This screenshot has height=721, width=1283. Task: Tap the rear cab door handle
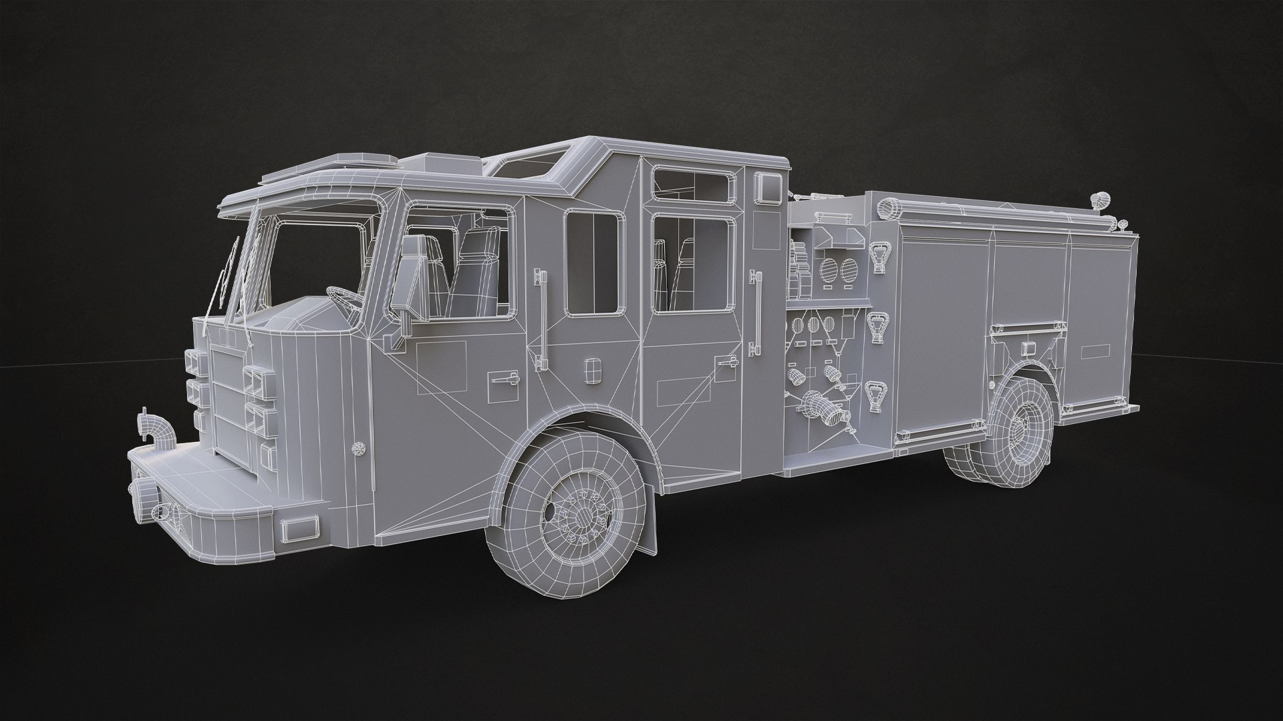click(728, 361)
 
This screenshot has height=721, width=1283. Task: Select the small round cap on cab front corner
click(359, 448)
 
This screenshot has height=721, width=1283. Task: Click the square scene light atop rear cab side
click(769, 188)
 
